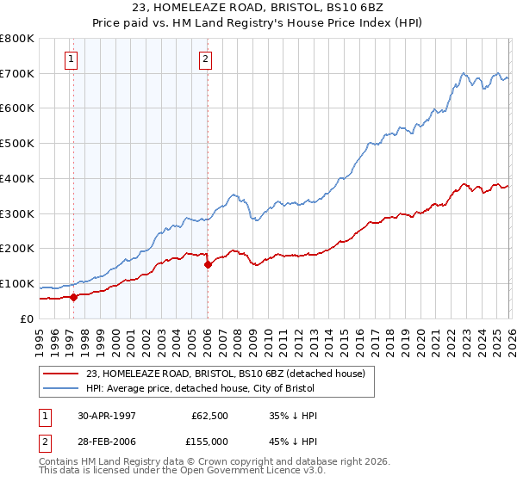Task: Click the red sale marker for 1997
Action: click(73, 297)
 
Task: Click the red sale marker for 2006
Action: click(208, 265)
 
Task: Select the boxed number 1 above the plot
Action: click(71, 59)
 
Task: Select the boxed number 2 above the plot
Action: click(206, 59)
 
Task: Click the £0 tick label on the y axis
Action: click(28, 318)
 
